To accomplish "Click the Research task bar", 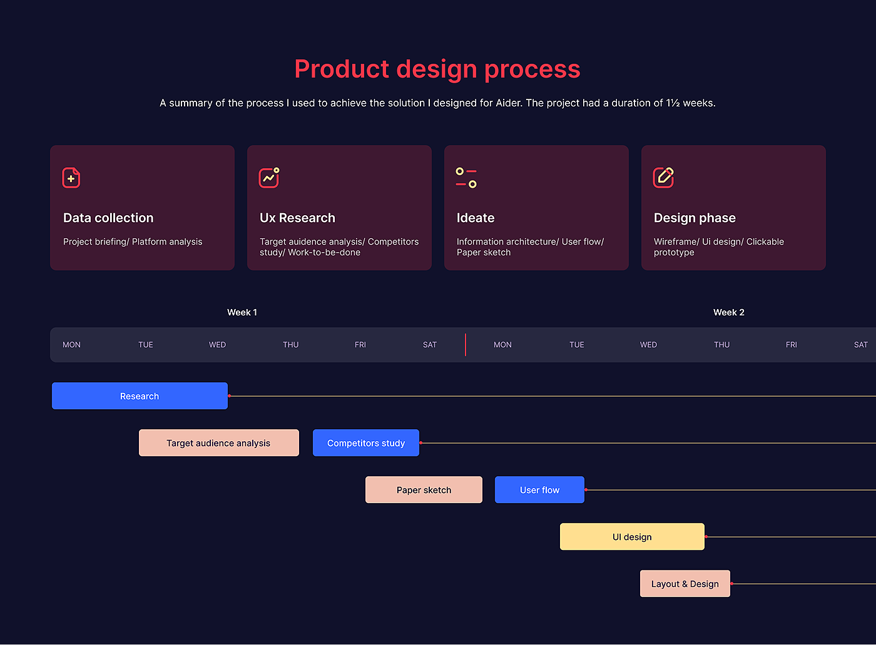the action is tap(140, 396).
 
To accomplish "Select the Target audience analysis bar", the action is tap(219, 443).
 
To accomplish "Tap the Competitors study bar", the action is tap(366, 443).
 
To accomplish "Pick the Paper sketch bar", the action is tap(424, 490).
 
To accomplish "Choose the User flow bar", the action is tap(539, 490).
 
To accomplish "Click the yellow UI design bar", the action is tap(633, 537).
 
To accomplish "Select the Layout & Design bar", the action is tap(685, 584).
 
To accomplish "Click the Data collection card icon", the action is tap(71, 178).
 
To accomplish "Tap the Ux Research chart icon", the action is tap(269, 178).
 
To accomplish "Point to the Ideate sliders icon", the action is tap(466, 178).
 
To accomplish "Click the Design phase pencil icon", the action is tap(663, 178).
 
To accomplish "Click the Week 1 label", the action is tap(242, 312).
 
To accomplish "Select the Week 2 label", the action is tap(729, 312).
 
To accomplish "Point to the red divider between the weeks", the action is tap(466, 345).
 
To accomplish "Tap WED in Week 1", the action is tap(218, 345).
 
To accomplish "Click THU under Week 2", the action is tap(722, 345).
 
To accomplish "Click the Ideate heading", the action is tap(476, 218).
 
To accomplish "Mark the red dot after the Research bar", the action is tap(229, 396).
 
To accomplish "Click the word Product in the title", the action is tap(342, 69).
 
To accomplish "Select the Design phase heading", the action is tap(695, 218).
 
